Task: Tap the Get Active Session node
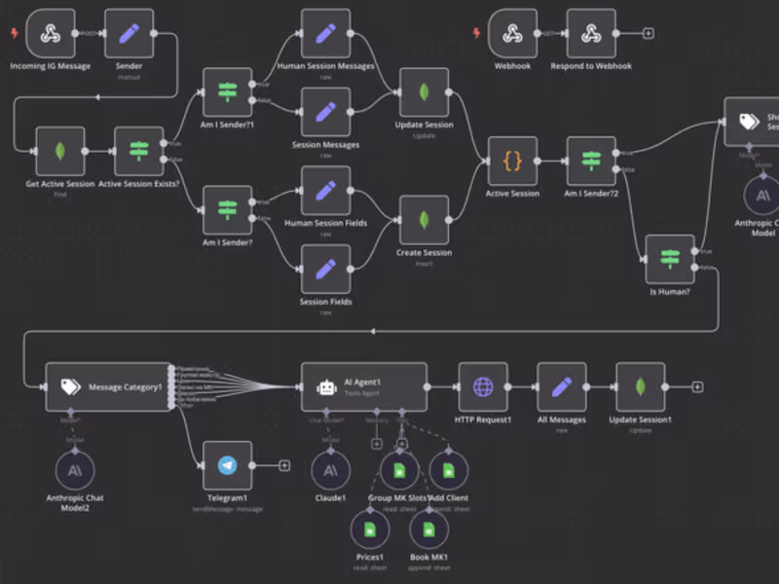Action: click(60, 151)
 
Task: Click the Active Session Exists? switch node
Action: click(139, 151)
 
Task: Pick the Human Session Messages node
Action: click(325, 34)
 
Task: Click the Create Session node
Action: click(424, 220)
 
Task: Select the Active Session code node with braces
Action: click(512, 161)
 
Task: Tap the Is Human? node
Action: click(670, 259)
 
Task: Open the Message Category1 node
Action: click(107, 386)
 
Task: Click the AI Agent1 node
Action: click(363, 386)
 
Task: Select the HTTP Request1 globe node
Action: click(483, 386)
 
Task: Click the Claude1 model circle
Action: click(330, 471)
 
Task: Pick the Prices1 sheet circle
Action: click(369, 529)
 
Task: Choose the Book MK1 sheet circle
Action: click(428, 529)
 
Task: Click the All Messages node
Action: click(561, 386)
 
